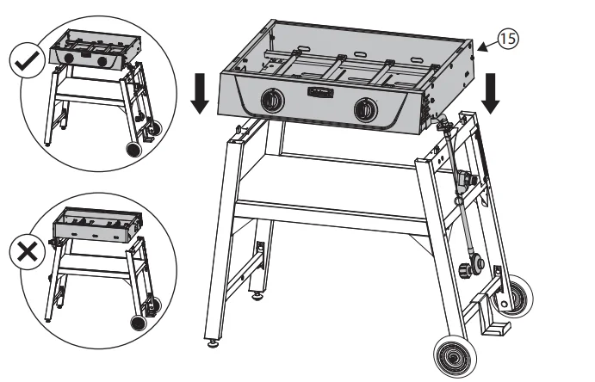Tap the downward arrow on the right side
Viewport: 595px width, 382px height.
[493, 92]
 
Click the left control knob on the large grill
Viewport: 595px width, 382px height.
[270, 102]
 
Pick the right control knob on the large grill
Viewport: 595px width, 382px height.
[366, 108]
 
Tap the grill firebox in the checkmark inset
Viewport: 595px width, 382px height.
[93, 54]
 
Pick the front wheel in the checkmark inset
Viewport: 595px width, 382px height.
[133, 148]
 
